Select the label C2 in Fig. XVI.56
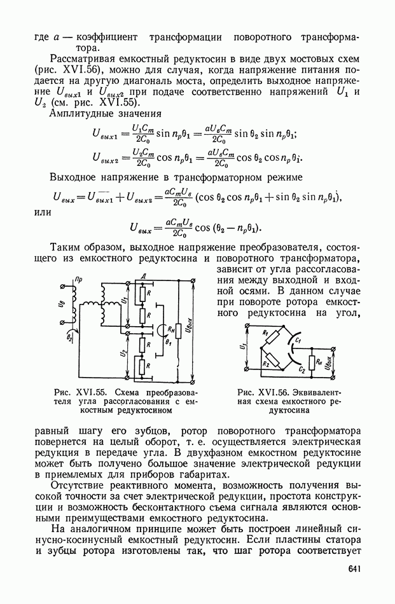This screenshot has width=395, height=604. (x=303, y=369)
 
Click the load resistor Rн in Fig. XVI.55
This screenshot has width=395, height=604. (x=179, y=330)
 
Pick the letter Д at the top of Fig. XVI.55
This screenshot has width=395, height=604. (x=144, y=275)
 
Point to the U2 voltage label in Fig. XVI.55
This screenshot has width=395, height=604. (x=125, y=352)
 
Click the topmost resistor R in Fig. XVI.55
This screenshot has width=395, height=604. (x=147, y=294)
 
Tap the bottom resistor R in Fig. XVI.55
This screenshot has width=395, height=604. (x=147, y=367)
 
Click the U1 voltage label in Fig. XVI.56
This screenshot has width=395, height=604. (x=242, y=348)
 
